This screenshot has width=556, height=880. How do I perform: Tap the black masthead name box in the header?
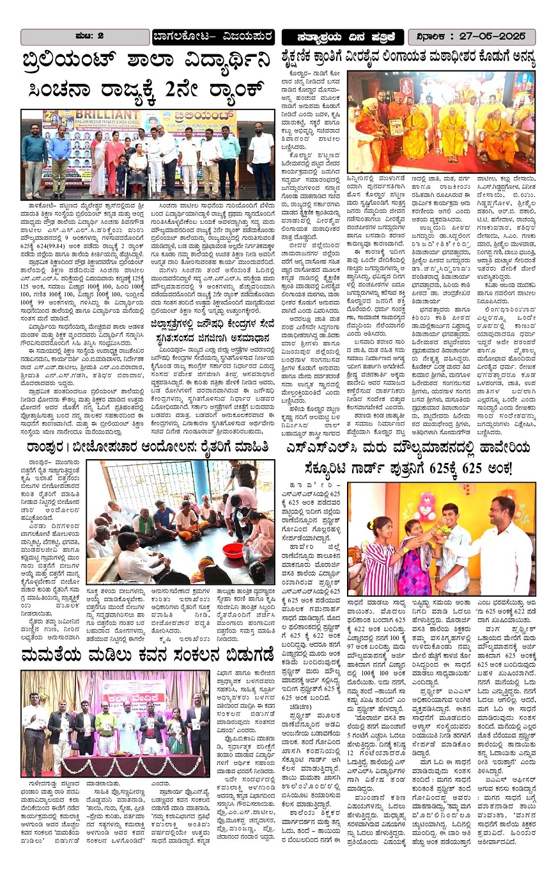[343, 36]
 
